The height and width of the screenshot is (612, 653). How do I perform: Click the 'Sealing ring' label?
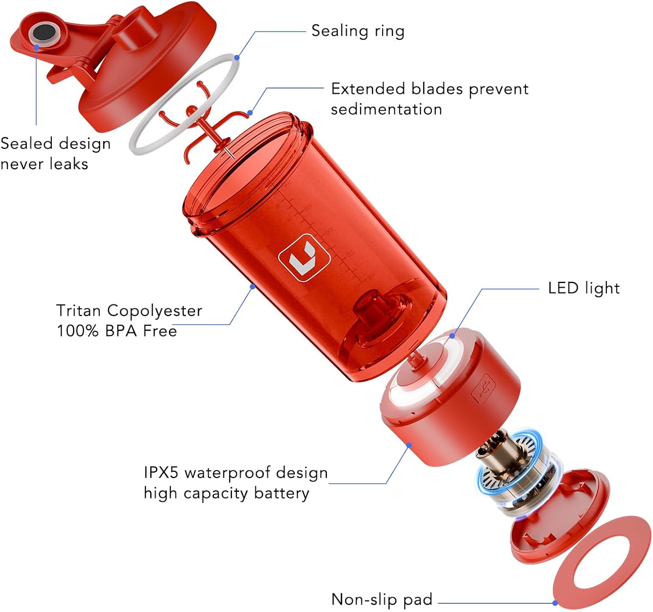click(358, 31)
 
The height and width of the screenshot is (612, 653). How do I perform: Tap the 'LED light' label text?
click(584, 288)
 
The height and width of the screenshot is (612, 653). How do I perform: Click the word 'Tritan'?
click(79, 310)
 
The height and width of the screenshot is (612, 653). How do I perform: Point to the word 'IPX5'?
click(161, 473)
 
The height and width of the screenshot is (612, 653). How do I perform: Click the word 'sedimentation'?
click(386, 109)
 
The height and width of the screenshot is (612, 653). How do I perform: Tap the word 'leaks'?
click(69, 164)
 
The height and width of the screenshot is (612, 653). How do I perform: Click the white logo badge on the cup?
click(304, 258)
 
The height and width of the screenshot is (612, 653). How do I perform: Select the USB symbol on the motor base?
click(483, 388)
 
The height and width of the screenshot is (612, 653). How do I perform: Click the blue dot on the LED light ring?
click(452, 336)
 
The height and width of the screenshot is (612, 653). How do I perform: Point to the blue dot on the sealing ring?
click(237, 58)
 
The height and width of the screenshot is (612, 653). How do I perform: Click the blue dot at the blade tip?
click(250, 113)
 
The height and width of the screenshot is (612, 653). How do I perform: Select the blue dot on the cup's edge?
click(252, 287)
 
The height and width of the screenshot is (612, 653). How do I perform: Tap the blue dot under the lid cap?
click(37, 48)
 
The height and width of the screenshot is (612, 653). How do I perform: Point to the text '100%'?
click(77, 331)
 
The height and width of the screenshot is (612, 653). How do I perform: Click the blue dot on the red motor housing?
click(409, 445)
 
